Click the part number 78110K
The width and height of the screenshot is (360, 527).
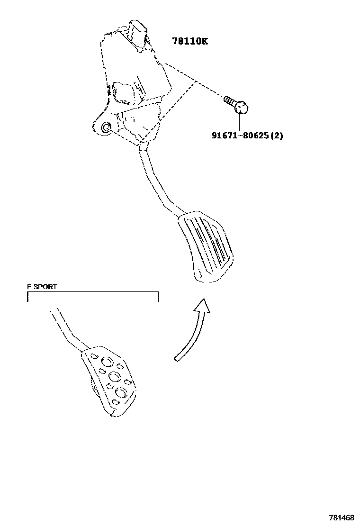click(x=189, y=41)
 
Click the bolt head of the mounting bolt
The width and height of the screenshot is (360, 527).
click(x=242, y=108)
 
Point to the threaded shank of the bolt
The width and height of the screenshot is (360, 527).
click(x=230, y=101)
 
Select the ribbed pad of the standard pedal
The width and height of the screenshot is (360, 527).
click(x=206, y=247)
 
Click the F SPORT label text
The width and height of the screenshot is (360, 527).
click(x=42, y=287)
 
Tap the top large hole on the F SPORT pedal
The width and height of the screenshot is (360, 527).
click(x=107, y=363)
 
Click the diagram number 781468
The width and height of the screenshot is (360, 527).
click(x=342, y=517)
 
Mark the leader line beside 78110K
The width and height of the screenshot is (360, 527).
click(x=161, y=41)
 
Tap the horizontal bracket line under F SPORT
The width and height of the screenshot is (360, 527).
click(x=93, y=292)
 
